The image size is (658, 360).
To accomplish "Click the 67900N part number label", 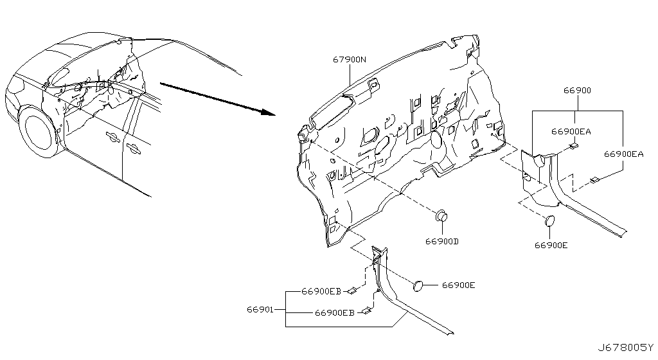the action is point(349,60).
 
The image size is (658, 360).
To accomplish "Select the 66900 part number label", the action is point(577,90).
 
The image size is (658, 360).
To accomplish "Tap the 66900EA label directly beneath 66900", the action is point(571,131).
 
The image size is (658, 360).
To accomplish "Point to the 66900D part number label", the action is point(442,241).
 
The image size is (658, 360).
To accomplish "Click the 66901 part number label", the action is point(260,310).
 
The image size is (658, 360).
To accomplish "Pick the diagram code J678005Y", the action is point(626,347).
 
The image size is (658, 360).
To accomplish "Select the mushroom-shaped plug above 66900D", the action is point(441,216).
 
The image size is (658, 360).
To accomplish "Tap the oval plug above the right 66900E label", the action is point(549,221).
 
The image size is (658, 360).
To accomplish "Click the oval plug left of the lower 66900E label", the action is point(418,285).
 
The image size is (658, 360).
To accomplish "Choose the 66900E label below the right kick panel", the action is point(551,245).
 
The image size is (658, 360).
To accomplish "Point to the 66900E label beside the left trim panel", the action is point(458,285).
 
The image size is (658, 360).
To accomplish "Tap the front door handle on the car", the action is point(113,136).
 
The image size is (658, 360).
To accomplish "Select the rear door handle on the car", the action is point(133,148).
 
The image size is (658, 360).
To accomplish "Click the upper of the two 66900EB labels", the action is point(321,291).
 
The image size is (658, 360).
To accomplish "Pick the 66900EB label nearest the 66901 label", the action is point(334,312).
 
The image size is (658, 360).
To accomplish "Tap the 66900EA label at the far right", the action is point(623,154).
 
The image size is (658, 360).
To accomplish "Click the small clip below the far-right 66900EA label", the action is point(595,181).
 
